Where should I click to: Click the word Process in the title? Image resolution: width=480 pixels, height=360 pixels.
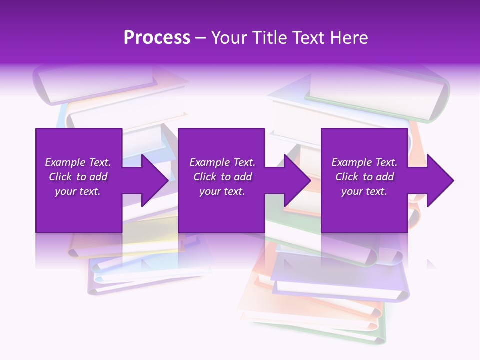click(x=157, y=38)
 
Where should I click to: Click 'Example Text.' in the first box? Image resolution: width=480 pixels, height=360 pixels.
click(x=78, y=162)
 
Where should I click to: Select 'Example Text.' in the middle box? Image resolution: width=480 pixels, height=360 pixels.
click(x=222, y=162)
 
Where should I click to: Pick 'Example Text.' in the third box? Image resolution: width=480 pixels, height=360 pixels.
click(x=364, y=162)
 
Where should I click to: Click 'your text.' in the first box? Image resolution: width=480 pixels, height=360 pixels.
click(x=78, y=191)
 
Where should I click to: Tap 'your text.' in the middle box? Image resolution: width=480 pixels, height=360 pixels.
click(x=222, y=191)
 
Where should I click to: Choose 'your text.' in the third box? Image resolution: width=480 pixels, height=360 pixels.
click(x=364, y=191)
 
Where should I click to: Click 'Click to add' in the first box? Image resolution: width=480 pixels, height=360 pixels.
click(x=78, y=177)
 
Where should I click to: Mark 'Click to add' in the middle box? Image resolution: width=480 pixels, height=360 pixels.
click(x=222, y=177)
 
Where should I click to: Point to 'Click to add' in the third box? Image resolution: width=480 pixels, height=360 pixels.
click(x=364, y=177)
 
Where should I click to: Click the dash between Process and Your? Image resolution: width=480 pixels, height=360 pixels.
click(x=201, y=38)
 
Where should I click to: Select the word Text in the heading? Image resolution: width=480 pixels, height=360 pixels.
click(x=306, y=38)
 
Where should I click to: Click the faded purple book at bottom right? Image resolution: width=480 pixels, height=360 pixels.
click(x=340, y=280)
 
